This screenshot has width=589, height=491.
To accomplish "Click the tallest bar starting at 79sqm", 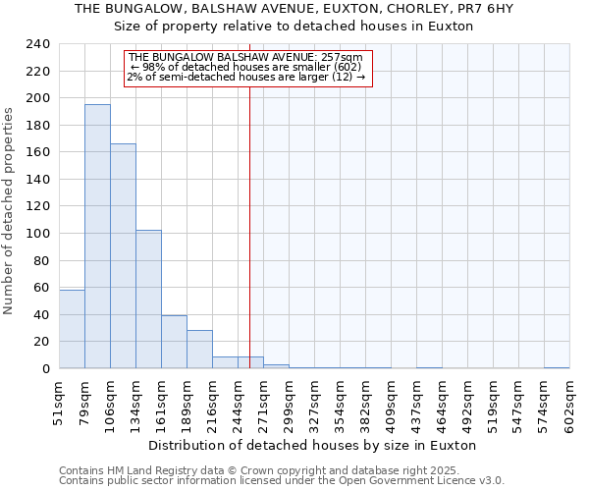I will coord(97,236).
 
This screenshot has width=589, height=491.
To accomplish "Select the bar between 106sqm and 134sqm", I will coord(123,255).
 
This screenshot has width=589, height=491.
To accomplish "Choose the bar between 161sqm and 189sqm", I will coord(174,342).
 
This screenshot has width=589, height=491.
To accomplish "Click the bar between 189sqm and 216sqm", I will coord(199,349).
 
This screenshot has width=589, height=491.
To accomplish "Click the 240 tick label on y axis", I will coord(37,44).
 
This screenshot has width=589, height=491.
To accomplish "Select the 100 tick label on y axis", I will coord(37,234).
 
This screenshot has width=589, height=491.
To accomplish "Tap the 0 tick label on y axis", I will coord(45,369).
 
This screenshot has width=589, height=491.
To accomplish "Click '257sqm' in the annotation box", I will coord(340,57).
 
